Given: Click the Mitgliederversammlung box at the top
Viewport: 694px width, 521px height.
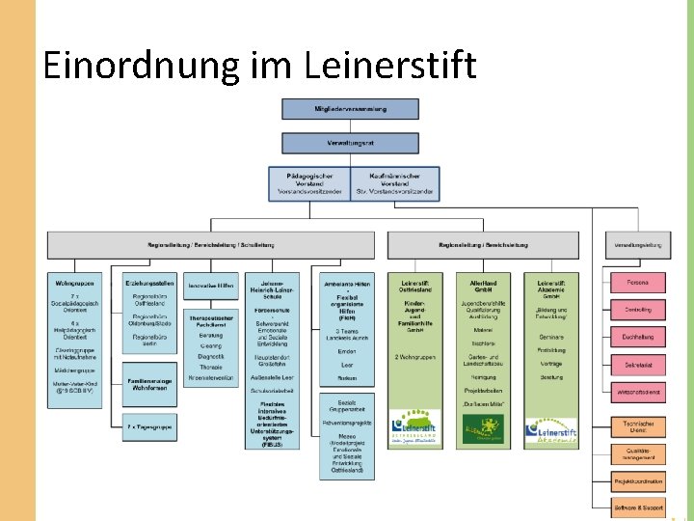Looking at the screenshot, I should (x=350, y=109).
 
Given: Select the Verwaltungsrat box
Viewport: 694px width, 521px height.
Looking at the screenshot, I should (x=350, y=143).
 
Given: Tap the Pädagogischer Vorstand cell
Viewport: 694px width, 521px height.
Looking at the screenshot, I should (x=311, y=183).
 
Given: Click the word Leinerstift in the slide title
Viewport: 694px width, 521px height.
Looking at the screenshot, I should (x=389, y=66).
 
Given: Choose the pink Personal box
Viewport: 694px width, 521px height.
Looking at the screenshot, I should (x=637, y=283).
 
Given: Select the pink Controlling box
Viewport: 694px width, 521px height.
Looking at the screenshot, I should (x=637, y=310).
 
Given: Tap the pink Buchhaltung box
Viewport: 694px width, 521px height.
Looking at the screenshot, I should (x=637, y=338).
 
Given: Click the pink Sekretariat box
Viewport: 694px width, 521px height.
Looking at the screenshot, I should (x=637, y=366).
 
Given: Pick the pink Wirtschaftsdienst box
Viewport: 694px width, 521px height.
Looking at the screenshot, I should (x=637, y=394).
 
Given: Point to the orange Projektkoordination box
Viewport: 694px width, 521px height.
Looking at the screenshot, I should (x=637, y=481).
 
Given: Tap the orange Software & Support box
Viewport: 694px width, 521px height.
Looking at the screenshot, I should (x=637, y=507).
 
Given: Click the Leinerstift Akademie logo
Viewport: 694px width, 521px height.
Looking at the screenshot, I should (x=551, y=432).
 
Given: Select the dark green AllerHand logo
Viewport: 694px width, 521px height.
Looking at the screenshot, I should (x=483, y=427).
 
